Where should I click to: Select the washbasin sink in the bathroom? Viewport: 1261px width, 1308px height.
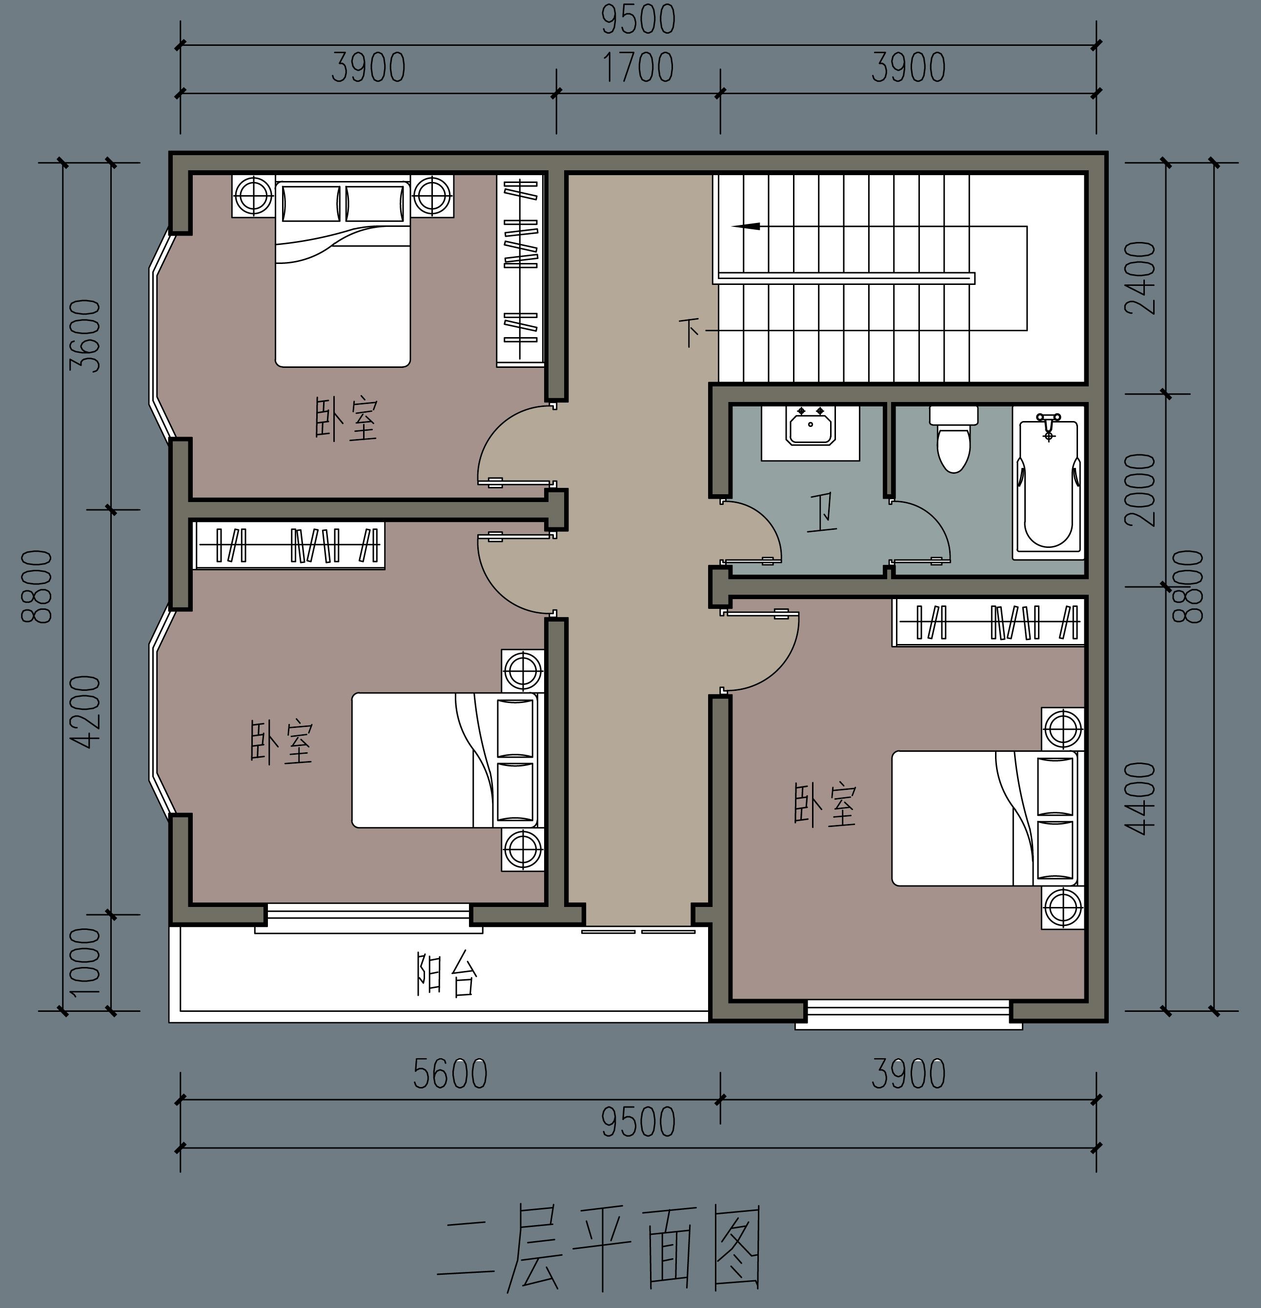pyautogui.click(x=811, y=426)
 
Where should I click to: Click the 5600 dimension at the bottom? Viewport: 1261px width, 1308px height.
pyautogui.click(x=450, y=1074)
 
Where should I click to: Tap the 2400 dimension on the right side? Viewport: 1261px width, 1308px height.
pyautogui.click(x=1140, y=278)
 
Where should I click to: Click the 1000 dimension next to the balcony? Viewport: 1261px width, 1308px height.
pyautogui.click(x=85, y=962)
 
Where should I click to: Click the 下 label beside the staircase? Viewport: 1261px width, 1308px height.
pyautogui.click(x=690, y=332)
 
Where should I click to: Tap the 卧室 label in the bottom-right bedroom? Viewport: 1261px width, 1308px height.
pyautogui.click(x=824, y=805)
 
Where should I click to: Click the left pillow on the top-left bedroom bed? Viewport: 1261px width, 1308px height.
pyautogui.click(x=310, y=203)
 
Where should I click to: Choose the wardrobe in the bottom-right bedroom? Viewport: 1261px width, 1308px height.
pyautogui.click(x=988, y=622)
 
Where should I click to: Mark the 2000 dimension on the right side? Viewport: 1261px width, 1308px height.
pyautogui.click(x=1140, y=490)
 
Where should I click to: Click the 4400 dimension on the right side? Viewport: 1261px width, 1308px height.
pyautogui.click(x=1140, y=798)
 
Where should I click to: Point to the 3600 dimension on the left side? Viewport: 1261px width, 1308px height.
pyautogui.click(x=87, y=335)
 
